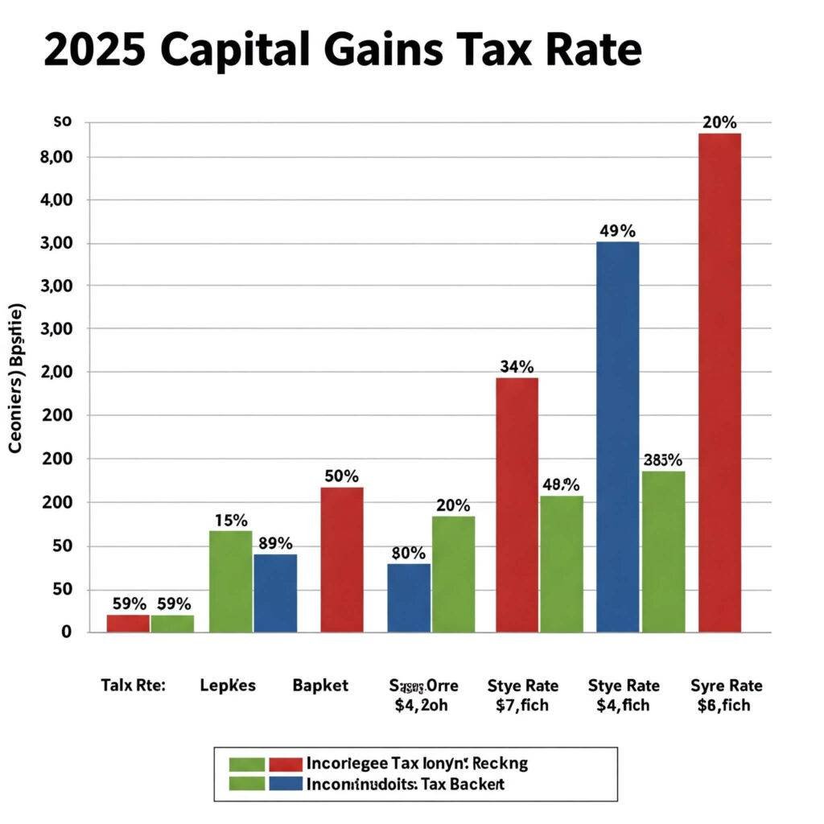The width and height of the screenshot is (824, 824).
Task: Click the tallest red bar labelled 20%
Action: pos(719,382)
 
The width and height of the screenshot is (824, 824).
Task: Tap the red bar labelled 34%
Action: pos(517,505)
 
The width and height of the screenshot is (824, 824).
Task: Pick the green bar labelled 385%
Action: pos(664,551)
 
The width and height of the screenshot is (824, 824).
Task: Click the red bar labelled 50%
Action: pos(341,559)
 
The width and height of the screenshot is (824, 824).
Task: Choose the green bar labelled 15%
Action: pos(230,581)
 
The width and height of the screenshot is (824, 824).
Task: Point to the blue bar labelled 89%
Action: pos(275,593)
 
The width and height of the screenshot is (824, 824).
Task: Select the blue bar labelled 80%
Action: pos(409,598)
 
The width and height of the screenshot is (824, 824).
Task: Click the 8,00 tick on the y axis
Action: pos(56,157)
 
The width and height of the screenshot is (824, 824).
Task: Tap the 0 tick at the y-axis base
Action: pos(67,632)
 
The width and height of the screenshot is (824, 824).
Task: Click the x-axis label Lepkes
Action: pos(228,686)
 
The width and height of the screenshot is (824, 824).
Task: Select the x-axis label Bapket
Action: pos(320,686)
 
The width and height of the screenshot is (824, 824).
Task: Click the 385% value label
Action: pos(663,460)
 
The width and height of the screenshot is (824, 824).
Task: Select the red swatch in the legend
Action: pos(285,764)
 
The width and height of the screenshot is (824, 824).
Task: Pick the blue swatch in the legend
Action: pos(285,783)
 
